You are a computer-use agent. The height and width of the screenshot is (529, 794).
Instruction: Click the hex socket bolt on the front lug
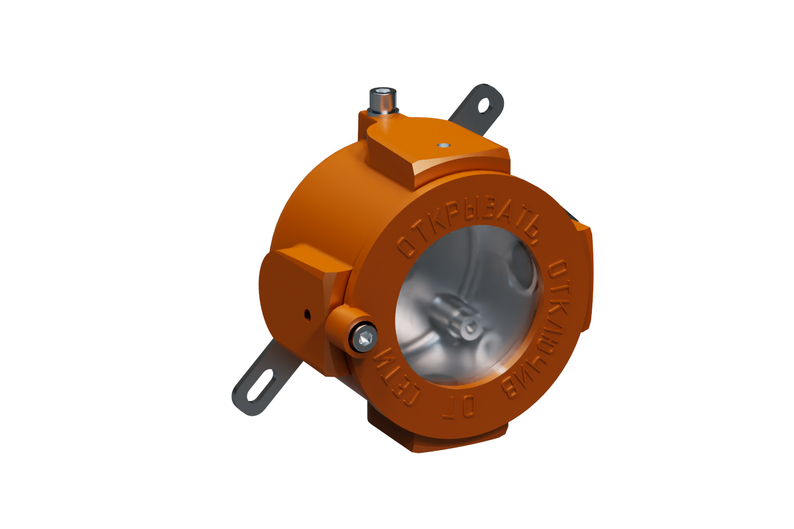click(365, 338)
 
